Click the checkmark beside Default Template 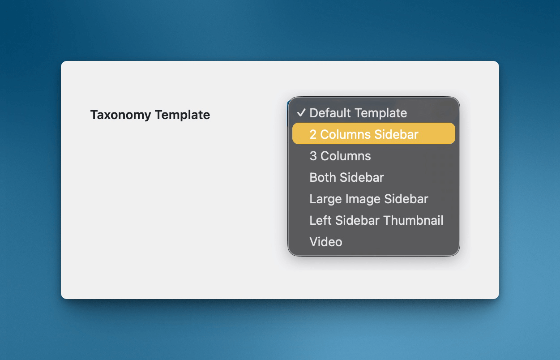(x=301, y=113)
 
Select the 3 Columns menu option (x=340, y=156)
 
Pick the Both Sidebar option (x=346, y=177)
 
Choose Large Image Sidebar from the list (x=368, y=199)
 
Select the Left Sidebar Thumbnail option (x=376, y=220)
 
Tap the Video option (x=326, y=242)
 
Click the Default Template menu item (x=358, y=113)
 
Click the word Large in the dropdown (x=323, y=199)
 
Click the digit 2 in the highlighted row (x=313, y=134)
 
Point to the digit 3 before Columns (x=313, y=156)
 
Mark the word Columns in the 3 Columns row (x=346, y=156)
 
